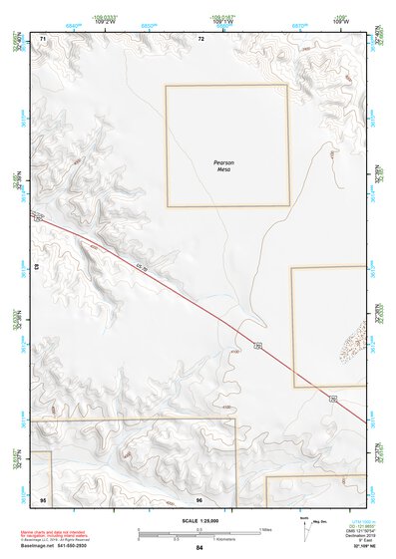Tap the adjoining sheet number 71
(44, 38)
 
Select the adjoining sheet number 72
(200, 38)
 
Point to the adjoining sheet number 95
(43, 498)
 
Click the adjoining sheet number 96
(199, 498)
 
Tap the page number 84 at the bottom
(199, 547)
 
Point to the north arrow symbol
(302, 525)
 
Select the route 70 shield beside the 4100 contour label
(256, 345)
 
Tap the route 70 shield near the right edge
(333, 398)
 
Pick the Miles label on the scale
(267, 529)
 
